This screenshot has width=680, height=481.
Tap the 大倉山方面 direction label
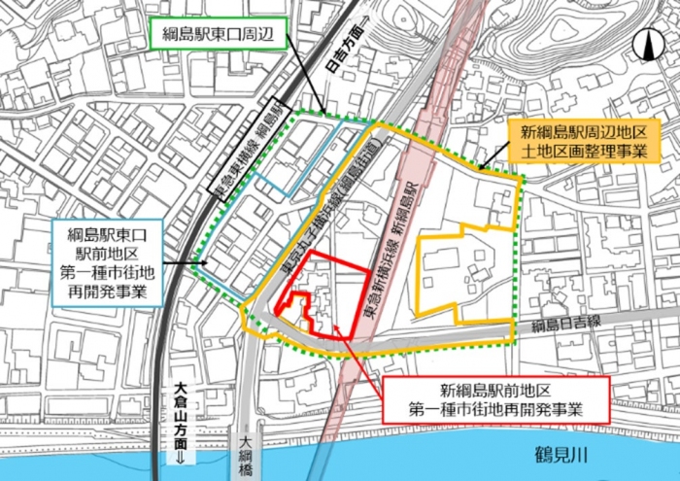point(180,413)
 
